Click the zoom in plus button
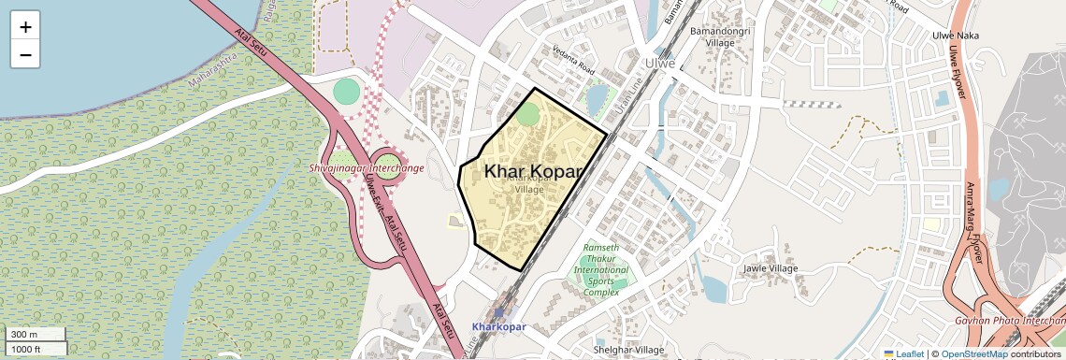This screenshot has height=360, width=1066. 25,26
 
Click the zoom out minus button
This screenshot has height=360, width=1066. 25,54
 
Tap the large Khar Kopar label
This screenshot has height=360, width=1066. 533,171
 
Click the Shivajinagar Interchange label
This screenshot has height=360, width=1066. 366,168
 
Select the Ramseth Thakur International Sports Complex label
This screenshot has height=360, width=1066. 601,270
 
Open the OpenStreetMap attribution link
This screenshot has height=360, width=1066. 973,353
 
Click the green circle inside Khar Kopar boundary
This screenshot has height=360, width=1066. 528,115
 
